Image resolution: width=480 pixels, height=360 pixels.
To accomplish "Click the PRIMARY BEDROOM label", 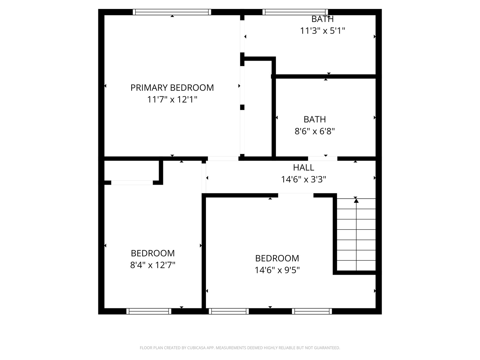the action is [172, 88].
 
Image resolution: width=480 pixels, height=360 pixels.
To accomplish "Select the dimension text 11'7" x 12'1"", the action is [172, 99].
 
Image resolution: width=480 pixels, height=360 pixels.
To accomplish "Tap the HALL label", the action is [304, 168].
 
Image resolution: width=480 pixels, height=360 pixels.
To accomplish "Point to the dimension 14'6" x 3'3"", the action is [304, 179].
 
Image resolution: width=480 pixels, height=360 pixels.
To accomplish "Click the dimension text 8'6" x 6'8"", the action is [315, 131].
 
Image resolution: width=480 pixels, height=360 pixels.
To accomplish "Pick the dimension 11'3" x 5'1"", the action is [323, 31].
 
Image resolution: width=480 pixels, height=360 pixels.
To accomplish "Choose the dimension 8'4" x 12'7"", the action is [153, 265].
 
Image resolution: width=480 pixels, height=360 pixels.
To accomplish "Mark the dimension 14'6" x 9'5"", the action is [277, 270].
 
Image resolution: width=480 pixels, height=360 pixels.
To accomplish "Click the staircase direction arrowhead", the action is [356, 200].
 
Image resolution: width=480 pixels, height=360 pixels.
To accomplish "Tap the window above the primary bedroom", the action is [172, 12].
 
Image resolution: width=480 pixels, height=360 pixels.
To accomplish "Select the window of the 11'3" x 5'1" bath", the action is [295, 12].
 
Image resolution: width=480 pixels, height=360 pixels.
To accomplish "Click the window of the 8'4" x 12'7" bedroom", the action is [149, 311].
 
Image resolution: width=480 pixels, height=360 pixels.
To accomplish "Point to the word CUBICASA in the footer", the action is [196, 348].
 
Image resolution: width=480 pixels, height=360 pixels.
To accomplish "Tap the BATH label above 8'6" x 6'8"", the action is [315, 119].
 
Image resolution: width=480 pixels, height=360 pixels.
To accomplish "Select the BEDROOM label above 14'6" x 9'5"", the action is [277, 258].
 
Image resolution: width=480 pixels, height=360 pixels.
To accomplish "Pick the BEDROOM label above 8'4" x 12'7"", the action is [153, 253].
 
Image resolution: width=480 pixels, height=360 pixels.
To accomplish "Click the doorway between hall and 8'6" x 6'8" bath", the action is [323, 159].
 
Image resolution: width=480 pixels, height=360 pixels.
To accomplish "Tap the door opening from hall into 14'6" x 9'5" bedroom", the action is [296, 195].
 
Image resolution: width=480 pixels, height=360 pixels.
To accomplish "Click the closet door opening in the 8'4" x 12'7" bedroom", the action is [132, 183].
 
